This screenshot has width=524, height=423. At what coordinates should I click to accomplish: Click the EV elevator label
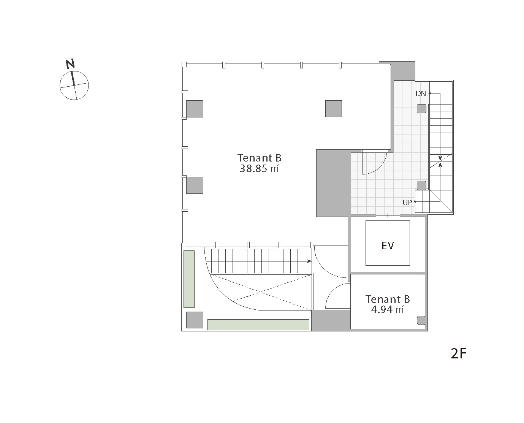[388, 246]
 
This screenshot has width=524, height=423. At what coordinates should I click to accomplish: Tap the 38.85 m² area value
[259, 169]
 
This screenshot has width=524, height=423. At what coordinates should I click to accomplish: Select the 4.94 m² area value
[387, 309]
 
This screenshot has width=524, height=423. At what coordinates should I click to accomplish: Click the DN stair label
[421, 93]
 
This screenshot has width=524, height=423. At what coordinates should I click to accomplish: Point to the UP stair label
[407, 203]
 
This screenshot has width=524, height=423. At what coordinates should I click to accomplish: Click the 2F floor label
[458, 353]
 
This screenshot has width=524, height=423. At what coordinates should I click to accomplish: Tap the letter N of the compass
[70, 64]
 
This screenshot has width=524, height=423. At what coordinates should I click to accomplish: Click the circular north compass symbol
[74, 86]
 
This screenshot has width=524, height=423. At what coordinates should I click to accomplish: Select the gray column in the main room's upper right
[333, 109]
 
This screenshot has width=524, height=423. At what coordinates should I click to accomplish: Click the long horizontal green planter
[258, 325]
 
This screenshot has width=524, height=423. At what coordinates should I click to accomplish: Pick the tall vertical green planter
[189, 279]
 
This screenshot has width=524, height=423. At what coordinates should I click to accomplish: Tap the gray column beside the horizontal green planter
[195, 320]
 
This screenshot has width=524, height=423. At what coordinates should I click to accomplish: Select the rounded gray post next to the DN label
[421, 109]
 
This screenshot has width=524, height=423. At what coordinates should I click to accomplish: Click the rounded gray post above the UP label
[421, 185]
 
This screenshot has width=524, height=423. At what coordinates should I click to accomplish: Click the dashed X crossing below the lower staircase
[261, 292]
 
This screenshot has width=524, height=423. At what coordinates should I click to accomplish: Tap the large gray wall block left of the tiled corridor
[333, 183]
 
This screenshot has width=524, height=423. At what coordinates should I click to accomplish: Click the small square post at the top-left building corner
[184, 65]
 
